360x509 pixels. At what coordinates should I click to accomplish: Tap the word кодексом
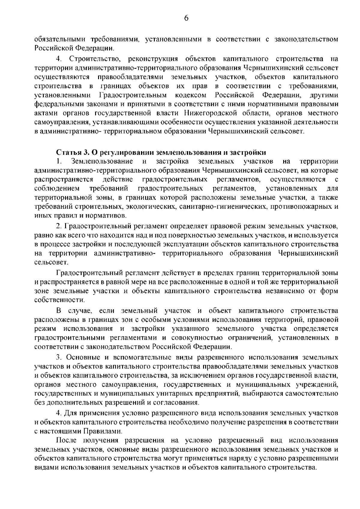(190, 95)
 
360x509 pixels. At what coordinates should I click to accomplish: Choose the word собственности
(60, 300)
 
